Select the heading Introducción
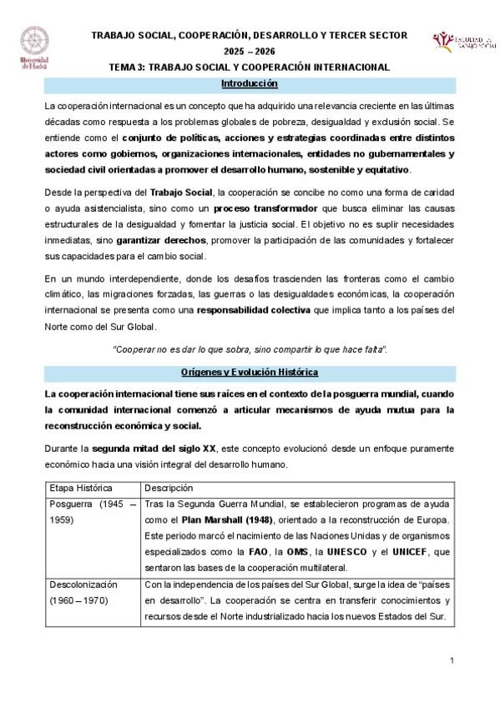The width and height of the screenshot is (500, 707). [x=250, y=84]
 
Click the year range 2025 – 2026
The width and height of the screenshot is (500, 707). [x=250, y=50]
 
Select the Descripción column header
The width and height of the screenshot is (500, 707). [x=169, y=487]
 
